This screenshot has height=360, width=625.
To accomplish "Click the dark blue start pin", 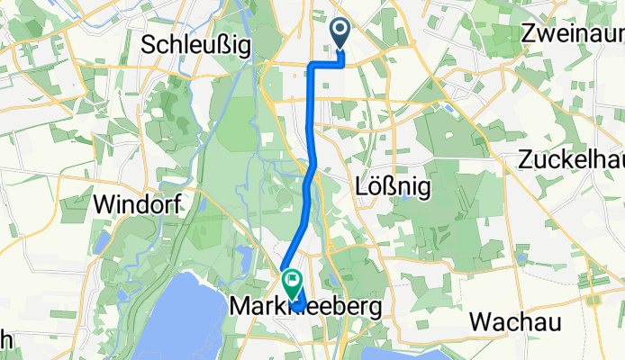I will tap(341, 34).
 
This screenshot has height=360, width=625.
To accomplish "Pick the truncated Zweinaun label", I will tap(573, 33).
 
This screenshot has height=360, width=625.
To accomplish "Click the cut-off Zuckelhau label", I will tap(571, 159).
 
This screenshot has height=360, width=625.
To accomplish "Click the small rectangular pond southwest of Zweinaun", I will tap(448, 108).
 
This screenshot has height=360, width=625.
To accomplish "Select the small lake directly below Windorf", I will tap(107, 240).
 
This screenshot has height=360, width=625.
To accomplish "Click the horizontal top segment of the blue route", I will tap(325, 65).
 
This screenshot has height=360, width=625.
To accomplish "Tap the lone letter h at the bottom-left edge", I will tap(5, 338).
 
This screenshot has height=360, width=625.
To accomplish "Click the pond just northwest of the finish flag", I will tap(246, 261).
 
